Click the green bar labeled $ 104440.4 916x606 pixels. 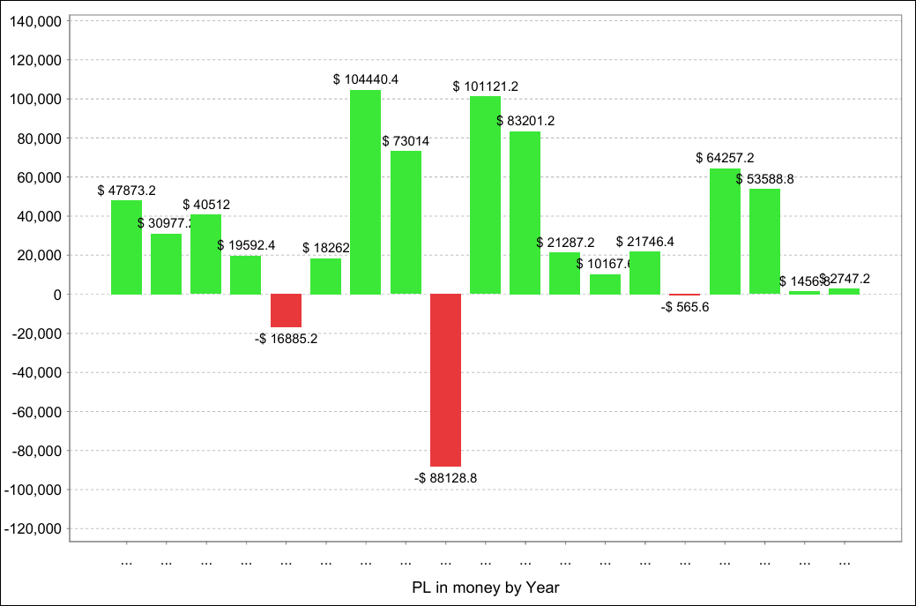coord(365,191)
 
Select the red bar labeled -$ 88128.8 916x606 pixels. coord(445,379)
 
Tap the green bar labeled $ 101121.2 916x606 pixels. coord(485,195)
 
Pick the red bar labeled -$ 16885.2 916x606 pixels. coord(286,310)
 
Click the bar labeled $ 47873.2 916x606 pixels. coord(126,247)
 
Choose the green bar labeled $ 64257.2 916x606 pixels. coord(725,231)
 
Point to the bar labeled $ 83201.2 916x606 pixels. coord(525,213)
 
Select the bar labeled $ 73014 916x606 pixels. coord(406,222)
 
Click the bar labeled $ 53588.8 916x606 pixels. coord(764,241)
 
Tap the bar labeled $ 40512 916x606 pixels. coord(205,254)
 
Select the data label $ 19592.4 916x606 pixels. coord(246,245)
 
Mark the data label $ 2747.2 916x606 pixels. coord(846,279)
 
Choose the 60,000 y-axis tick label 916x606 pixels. coord(38,177)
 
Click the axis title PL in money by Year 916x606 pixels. coord(485,587)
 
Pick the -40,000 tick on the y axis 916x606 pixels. coord(35,372)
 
